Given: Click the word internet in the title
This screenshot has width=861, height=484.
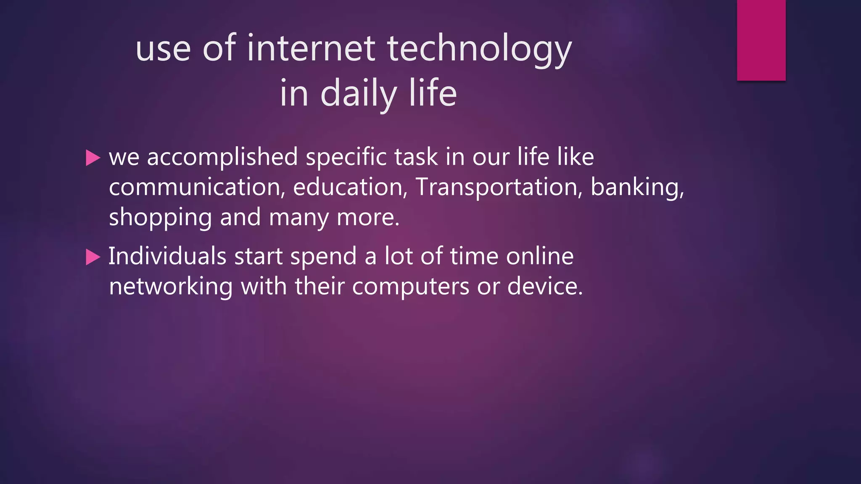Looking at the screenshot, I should pos(311,48).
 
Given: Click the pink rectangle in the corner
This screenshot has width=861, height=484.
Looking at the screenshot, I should pos(761,40).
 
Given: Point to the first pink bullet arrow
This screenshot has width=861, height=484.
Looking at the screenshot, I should pos(93,158).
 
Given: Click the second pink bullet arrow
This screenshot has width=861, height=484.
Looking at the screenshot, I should pos(93,257).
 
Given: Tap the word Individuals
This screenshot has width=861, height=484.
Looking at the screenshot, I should pos(167,256).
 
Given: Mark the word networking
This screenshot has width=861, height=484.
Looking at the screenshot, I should pos(171,287).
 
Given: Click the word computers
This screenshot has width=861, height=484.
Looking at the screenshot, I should pos(410,287).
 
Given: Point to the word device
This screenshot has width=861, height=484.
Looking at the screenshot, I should pos(545,287).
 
